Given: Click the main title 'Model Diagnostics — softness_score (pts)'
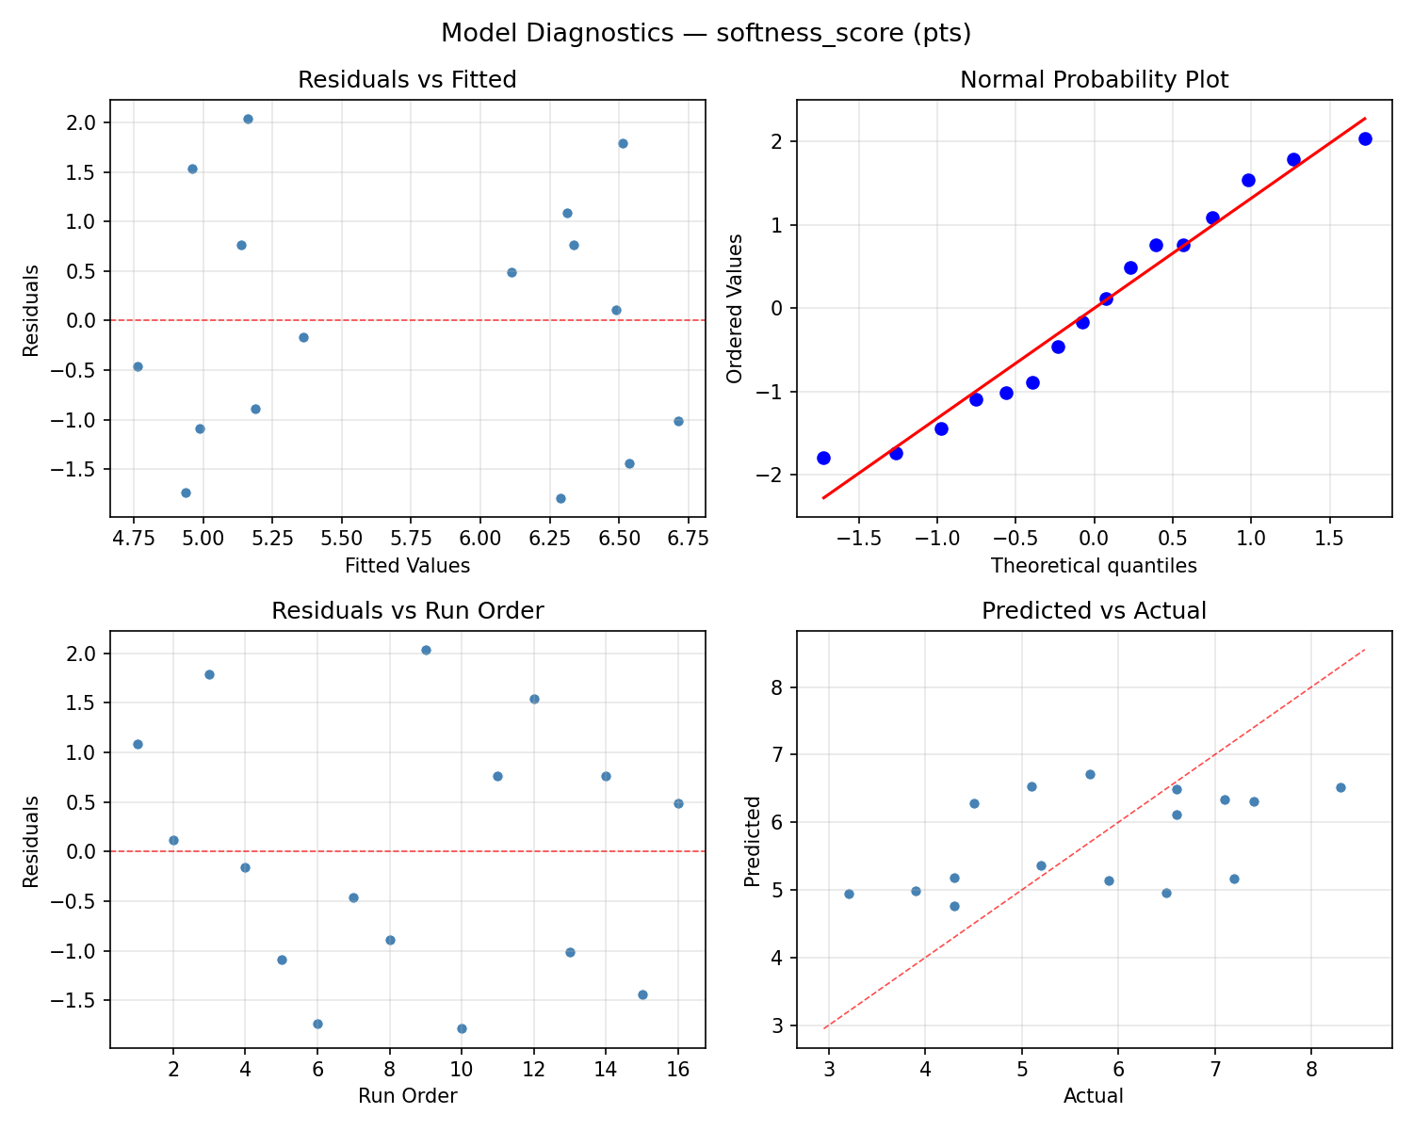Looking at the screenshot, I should tap(706, 34).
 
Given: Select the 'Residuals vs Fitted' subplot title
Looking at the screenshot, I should tap(407, 80).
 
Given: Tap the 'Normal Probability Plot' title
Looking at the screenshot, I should tap(1094, 80).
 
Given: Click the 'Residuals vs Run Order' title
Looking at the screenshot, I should tap(407, 611).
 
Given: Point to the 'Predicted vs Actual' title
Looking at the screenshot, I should tap(1094, 611).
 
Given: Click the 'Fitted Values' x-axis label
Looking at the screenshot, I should tap(407, 566).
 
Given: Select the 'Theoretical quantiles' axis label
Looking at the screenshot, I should tap(1094, 566).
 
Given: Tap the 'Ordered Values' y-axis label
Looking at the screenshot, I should tap(735, 308).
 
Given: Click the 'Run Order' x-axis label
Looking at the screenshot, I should tap(407, 1096).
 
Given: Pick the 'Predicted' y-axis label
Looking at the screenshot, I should tap(752, 841).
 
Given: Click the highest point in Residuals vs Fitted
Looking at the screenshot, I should tap(248, 119).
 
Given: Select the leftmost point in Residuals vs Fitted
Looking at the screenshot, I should tap(138, 366).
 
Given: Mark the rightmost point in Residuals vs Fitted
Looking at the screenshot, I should tap(678, 421).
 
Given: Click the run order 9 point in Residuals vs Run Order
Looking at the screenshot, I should tap(426, 650).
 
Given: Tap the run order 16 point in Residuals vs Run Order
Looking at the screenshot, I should tap(678, 803).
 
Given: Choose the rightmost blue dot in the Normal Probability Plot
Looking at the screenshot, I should tap(1365, 138).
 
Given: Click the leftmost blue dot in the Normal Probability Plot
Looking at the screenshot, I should tap(823, 458).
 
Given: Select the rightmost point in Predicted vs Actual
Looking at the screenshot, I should tap(1340, 787).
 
